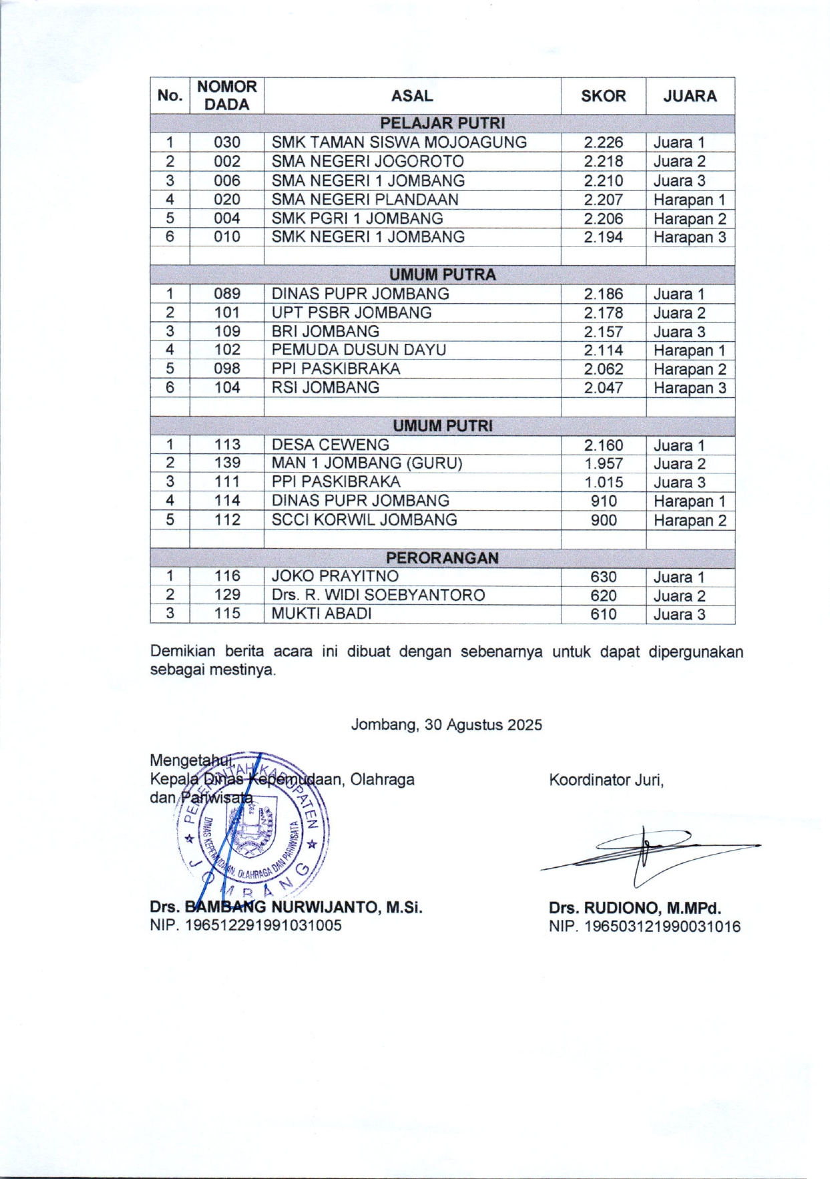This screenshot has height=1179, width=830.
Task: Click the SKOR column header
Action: pos(603,95)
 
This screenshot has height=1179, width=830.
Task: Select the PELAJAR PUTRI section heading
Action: pos(442,124)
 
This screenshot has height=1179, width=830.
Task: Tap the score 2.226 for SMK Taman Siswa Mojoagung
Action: pos(603,142)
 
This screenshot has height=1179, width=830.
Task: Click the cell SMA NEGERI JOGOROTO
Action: pos(367,161)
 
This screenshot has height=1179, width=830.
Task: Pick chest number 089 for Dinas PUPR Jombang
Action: pos(227,294)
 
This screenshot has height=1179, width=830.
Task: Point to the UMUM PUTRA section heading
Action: pos(442,275)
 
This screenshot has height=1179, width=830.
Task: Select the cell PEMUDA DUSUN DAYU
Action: pos(359,350)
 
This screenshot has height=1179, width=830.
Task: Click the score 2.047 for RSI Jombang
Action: pos(603,388)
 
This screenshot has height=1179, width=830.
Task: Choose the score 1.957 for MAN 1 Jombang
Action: pos(603,463)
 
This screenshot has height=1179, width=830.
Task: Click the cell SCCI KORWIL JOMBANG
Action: pos(364,520)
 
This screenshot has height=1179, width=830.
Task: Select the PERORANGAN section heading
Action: pos(442,558)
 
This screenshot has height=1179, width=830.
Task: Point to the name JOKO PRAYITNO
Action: pos(335,576)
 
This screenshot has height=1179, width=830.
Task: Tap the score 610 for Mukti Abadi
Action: pos(603,614)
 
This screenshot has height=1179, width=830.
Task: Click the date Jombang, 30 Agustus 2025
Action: pos(446,724)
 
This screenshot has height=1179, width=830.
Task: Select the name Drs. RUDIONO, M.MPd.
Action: pos(635,908)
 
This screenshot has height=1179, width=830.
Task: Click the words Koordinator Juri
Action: pos(606,780)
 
